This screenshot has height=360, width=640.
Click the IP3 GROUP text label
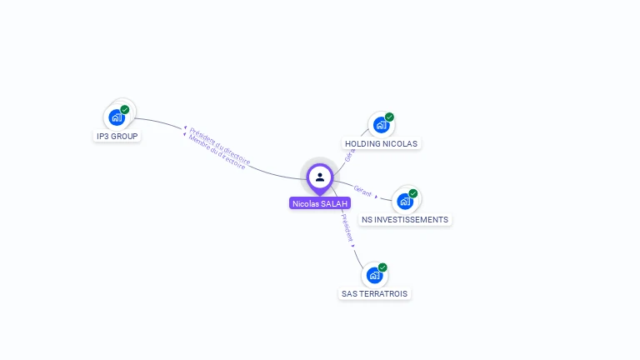[x=117, y=136]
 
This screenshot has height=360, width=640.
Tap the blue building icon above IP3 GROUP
[x=117, y=117]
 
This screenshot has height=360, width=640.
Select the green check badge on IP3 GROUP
[x=125, y=109]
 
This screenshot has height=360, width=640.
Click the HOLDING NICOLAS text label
[x=381, y=143]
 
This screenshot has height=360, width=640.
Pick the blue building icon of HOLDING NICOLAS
[x=381, y=125]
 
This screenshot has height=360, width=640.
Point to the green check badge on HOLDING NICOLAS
[x=389, y=117]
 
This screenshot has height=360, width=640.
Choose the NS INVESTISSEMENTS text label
[x=405, y=220]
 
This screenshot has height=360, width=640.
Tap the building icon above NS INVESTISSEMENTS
[x=404, y=201]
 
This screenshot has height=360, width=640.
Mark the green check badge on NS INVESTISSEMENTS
[x=412, y=193]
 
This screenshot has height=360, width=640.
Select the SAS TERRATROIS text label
[x=376, y=294]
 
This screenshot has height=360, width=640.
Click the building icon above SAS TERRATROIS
[x=374, y=275]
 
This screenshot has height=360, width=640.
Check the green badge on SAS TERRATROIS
[x=382, y=267]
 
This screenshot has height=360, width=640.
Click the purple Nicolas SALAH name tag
[x=320, y=203]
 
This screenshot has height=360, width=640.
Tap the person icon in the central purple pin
[x=320, y=177]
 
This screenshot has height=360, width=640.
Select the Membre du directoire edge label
[x=216, y=153]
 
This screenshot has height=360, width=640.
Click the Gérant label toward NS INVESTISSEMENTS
[x=363, y=191]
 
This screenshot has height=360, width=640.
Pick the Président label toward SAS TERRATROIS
[x=348, y=230]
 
